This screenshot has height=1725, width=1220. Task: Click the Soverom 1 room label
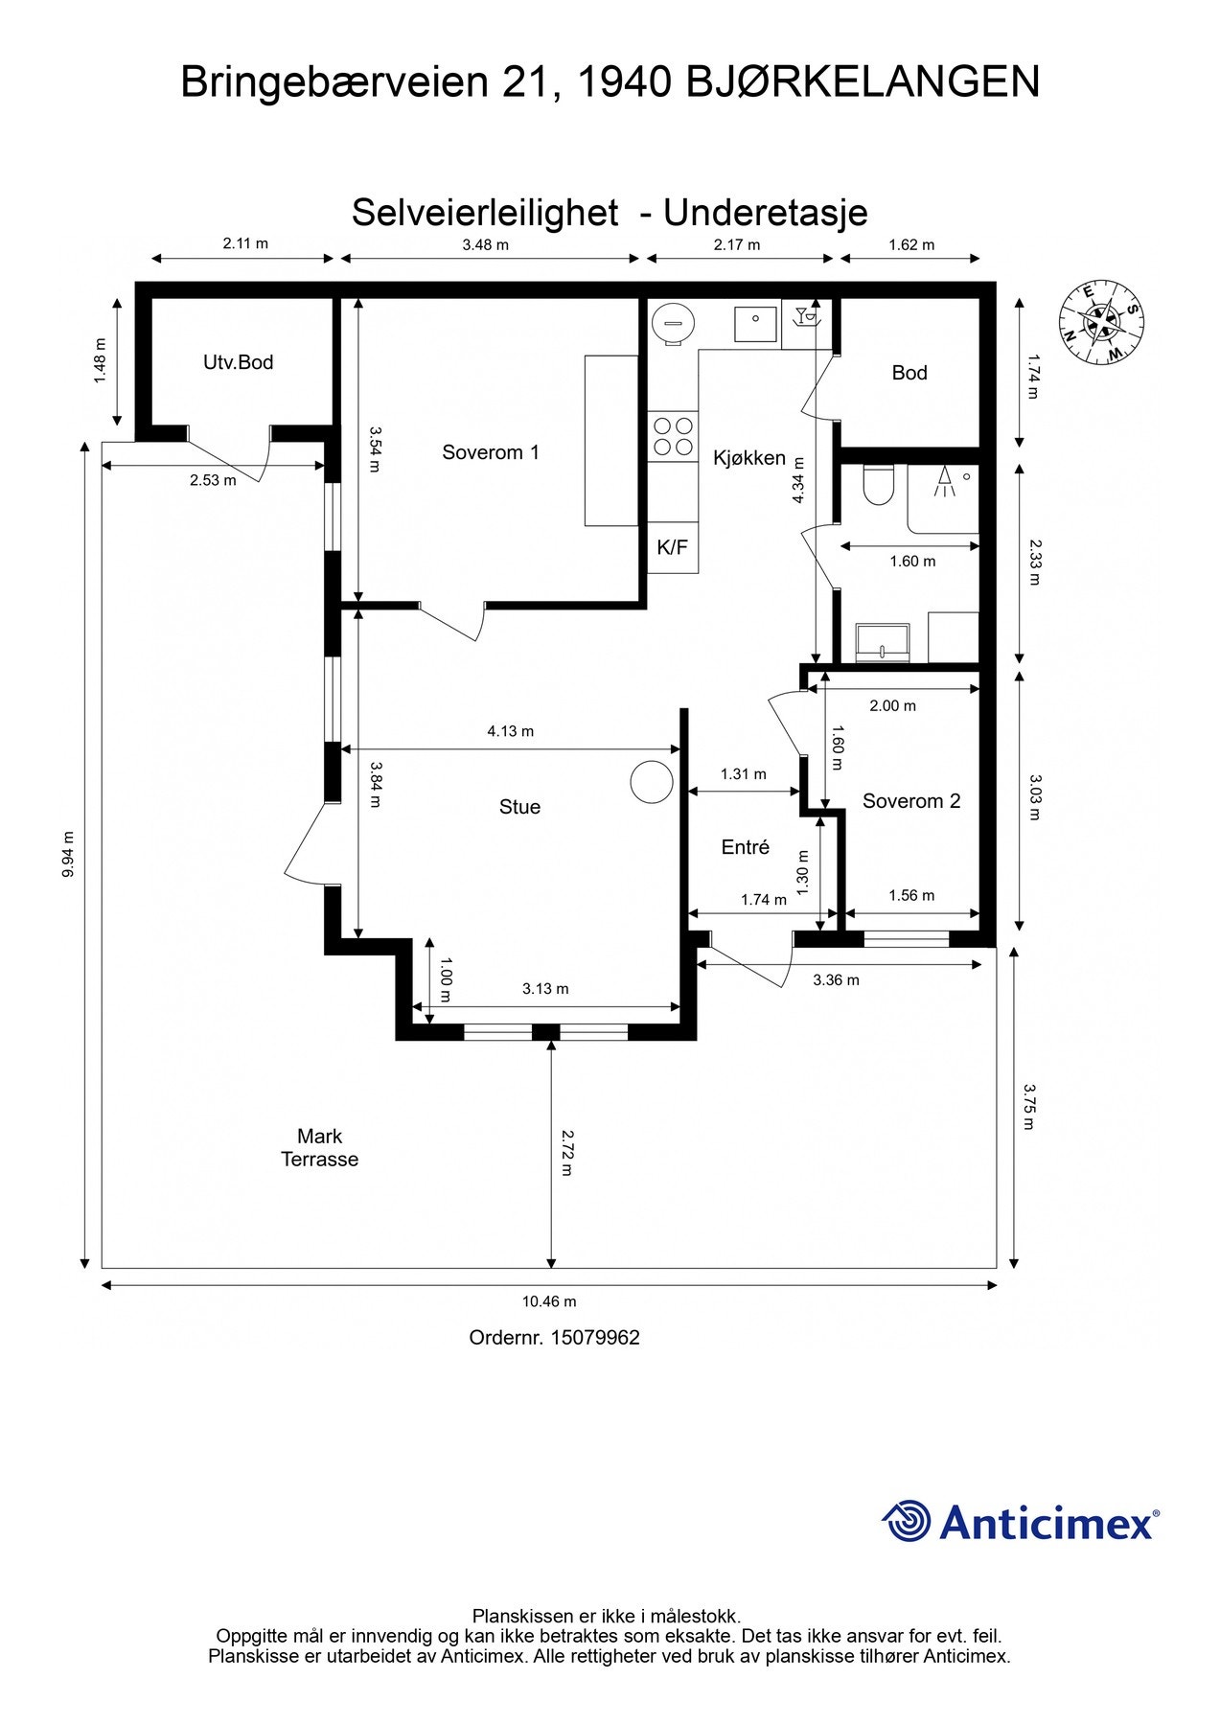click(491, 452)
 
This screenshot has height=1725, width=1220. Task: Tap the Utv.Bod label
click(239, 362)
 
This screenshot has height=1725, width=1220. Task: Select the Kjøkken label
click(749, 458)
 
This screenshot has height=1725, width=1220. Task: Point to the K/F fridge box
click(673, 547)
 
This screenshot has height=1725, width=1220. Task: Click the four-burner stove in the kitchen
click(673, 436)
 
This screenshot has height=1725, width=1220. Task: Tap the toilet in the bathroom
click(878, 485)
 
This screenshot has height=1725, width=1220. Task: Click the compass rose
click(1102, 323)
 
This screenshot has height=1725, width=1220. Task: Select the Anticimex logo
click(1021, 1521)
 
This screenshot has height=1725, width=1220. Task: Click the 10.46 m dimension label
click(549, 1301)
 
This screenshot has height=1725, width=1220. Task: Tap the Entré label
click(746, 847)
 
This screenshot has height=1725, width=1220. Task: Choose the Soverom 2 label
click(911, 801)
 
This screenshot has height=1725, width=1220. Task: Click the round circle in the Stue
click(652, 782)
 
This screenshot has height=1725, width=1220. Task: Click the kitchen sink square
click(756, 324)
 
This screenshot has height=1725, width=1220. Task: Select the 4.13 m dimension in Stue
click(511, 731)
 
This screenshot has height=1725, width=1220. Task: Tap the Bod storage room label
click(909, 373)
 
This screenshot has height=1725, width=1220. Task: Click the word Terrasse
click(320, 1160)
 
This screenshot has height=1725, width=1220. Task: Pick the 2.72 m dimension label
click(567, 1153)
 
